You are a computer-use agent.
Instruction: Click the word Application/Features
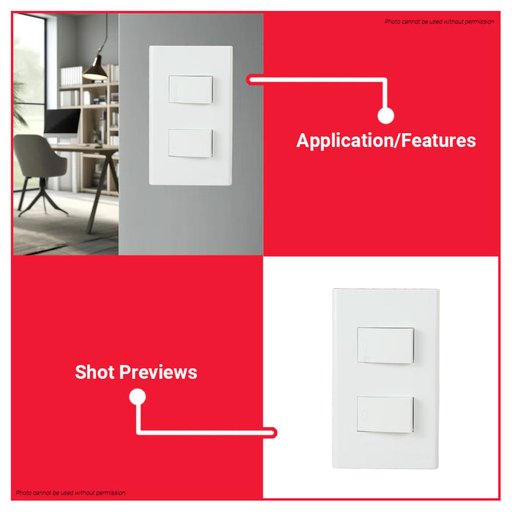pyautogui.click(x=386, y=141)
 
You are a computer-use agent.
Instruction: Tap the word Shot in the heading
pyautogui.click(x=94, y=372)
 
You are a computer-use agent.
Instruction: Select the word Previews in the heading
pyautogui.click(x=159, y=372)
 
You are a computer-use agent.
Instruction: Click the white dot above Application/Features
pyautogui.click(x=385, y=116)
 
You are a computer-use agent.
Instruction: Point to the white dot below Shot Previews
pyautogui.click(x=138, y=396)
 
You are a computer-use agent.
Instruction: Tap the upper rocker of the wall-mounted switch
pyautogui.click(x=191, y=89)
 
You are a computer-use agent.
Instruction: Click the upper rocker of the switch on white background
pyautogui.click(x=385, y=345)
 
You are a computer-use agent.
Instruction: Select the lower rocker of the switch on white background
pyautogui.click(x=385, y=415)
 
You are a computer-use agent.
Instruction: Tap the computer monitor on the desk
pyautogui.click(x=62, y=121)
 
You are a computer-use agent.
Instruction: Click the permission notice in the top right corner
pyautogui.click(x=439, y=21)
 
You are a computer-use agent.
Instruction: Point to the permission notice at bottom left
pyautogui.click(x=70, y=493)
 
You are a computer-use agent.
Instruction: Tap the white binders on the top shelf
pyautogui.click(x=72, y=76)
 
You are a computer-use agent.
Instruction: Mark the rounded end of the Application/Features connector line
pyautogui.click(x=250, y=80)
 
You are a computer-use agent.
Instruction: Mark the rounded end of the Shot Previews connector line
pyautogui.click(x=273, y=433)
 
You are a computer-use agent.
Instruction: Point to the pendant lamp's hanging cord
pyautogui.click(x=105, y=33)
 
